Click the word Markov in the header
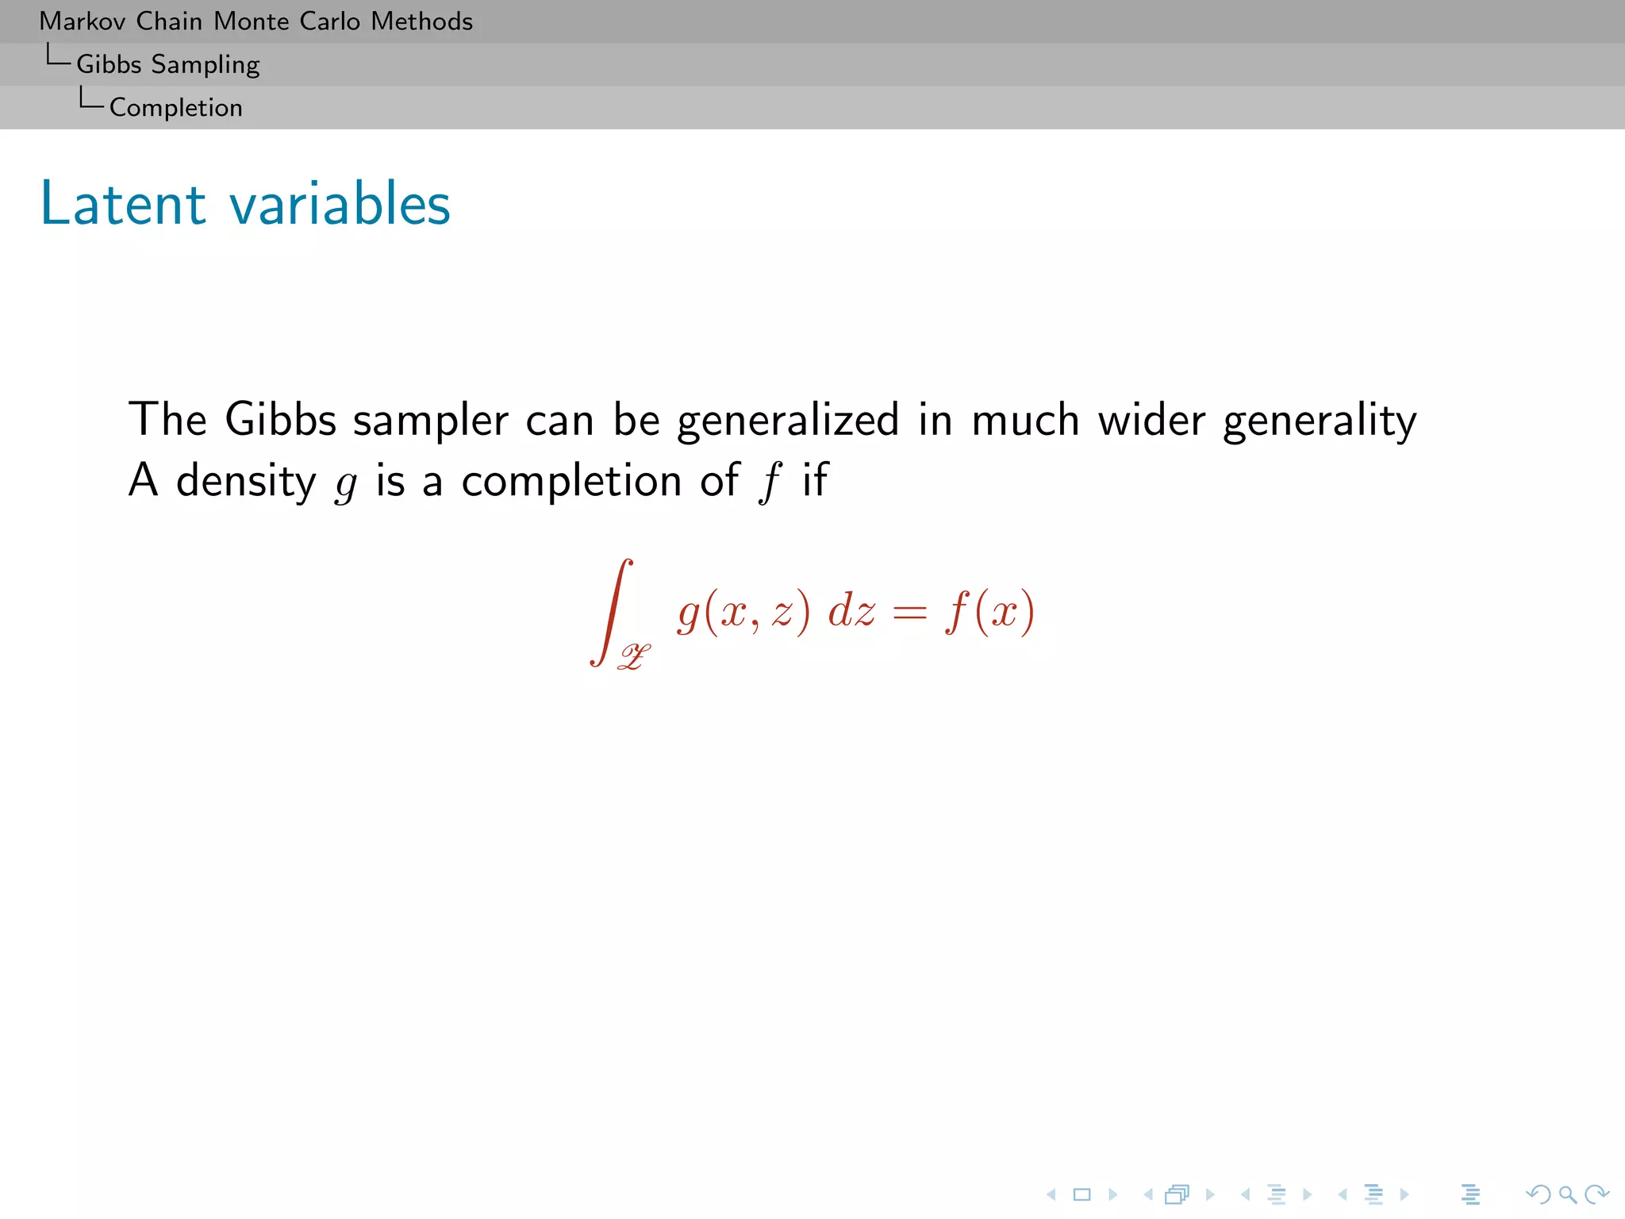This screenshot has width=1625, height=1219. click(x=82, y=21)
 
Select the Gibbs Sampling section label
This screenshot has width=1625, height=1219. click(x=167, y=65)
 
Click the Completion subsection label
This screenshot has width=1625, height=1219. click(x=175, y=108)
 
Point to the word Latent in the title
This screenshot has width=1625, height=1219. click(x=123, y=204)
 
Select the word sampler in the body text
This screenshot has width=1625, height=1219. click(x=430, y=420)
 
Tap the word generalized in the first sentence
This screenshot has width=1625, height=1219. click(x=787, y=420)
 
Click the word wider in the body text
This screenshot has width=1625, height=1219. click(x=1151, y=420)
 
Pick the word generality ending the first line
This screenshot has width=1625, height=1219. click(x=1319, y=421)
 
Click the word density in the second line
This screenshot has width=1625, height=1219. click(x=245, y=482)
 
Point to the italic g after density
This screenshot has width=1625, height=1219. click(x=345, y=484)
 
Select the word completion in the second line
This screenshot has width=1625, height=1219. click(x=571, y=482)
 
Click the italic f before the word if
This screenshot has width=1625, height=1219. click(x=769, y=482)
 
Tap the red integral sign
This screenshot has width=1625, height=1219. click(x=612, y=611)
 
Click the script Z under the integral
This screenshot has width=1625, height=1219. click(x=634, y=656)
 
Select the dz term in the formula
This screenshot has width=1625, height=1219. click(x=851, y=612)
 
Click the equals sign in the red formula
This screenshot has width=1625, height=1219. click(x=909, y=613)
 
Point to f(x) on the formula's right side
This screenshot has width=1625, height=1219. click(x=989, y=613)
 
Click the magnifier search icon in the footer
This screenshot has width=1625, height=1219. click(x=1567, y=1194)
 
